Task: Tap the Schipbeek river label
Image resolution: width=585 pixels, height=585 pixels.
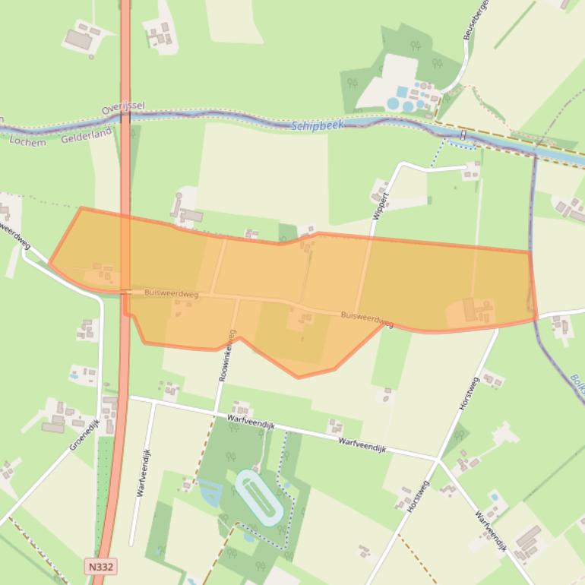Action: tap(318, 125)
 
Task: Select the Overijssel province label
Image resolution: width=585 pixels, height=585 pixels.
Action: tap(123, 109)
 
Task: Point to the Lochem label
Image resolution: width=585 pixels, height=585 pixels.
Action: tap(29, 141)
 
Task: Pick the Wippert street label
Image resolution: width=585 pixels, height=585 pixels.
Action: tap(381, 206)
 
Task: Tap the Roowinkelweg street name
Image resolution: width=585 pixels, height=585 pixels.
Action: tap(227, 355)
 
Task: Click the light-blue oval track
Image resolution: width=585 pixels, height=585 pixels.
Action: tap(259, 497)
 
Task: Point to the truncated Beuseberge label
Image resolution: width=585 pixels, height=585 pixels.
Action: tap(476, 20)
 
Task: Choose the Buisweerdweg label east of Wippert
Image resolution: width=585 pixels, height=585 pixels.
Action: tap(367, 318)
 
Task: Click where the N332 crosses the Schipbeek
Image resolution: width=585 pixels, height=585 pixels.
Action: tap(125, 116)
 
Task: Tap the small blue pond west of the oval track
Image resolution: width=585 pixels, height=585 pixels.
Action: tap(210, 494)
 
